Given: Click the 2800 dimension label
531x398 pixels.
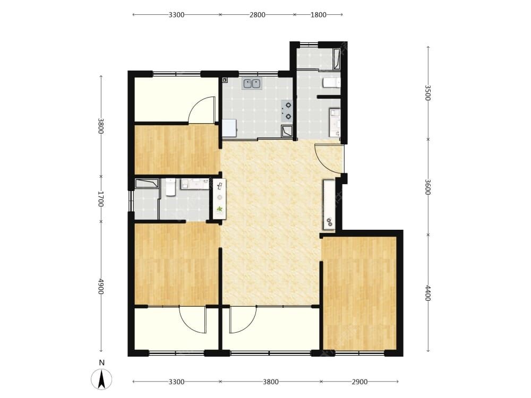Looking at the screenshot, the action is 258,14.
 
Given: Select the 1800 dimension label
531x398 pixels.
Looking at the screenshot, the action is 318,14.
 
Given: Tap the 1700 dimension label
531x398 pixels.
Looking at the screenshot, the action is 100,199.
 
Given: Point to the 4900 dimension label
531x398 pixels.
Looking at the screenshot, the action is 100,287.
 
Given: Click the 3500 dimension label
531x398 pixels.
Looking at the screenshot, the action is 427,92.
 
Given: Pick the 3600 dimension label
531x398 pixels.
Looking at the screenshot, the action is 427,187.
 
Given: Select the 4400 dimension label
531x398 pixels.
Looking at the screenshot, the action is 427,293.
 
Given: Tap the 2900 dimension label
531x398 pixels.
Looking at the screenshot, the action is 359,382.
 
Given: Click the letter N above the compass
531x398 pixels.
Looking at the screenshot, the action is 101,363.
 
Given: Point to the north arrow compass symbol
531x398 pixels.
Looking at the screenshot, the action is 101,379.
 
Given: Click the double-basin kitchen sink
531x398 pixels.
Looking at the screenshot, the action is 252,83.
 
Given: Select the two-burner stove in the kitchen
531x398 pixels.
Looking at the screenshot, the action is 287,111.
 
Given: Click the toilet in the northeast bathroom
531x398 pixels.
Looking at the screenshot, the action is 331,83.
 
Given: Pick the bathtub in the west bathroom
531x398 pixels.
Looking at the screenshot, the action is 147,184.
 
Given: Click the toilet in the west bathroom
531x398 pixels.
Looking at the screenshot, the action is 170,187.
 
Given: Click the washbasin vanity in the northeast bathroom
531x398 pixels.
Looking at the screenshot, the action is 335,122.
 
